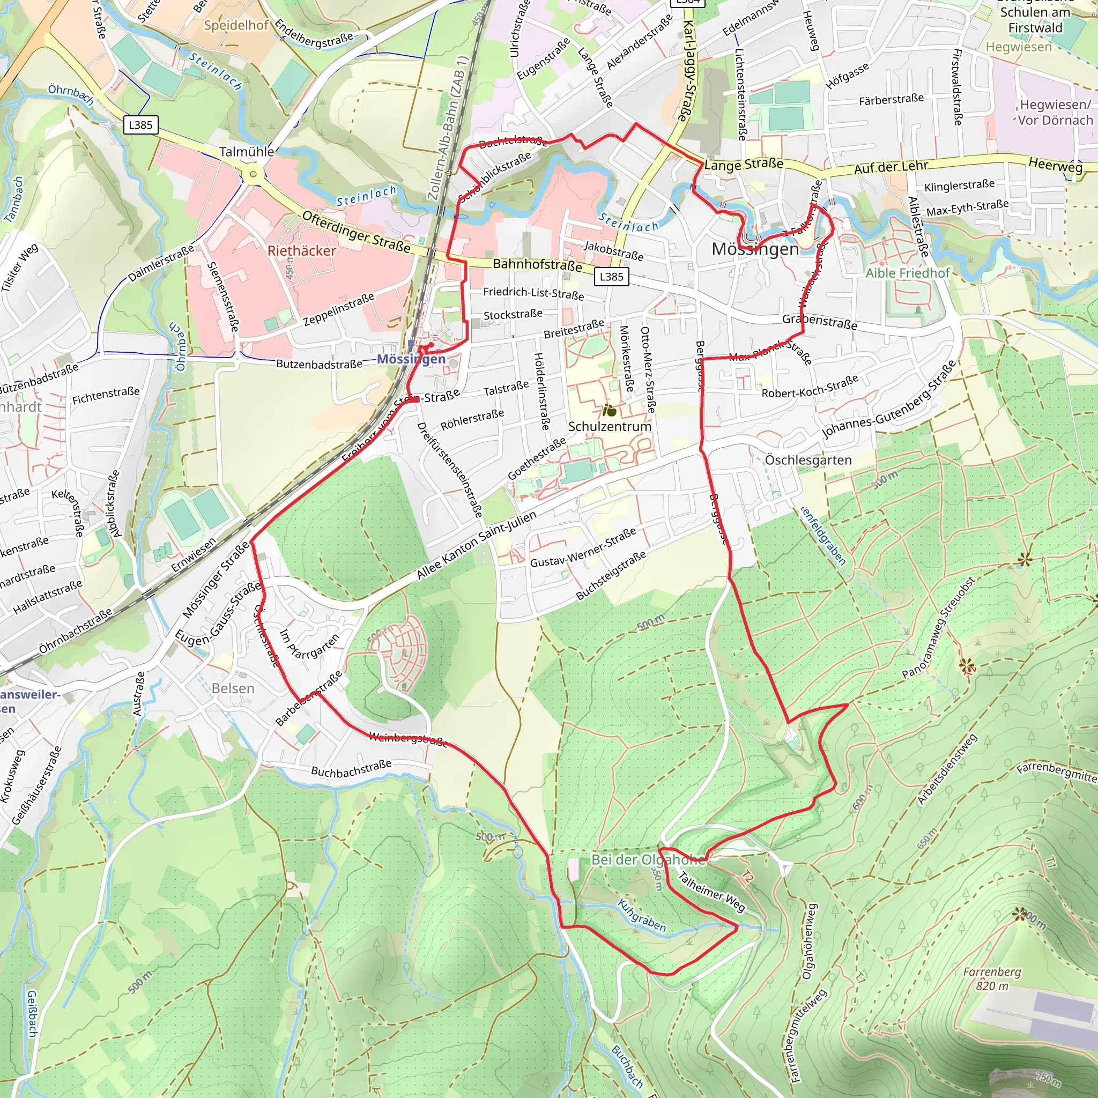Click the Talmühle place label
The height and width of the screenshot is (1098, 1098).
[x=247, y=152]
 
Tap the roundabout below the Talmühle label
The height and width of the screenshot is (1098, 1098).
[x=253, y=174]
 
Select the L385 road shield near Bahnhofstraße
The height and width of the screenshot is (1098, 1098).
[x=612, y=277]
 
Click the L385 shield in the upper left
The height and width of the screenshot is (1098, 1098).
[x=140, y=124]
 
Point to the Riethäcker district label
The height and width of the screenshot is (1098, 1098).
[x=302, y=250]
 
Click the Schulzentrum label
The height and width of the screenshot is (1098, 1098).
[x=609, y=426]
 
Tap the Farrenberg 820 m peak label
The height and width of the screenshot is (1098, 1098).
[x=992, y=978]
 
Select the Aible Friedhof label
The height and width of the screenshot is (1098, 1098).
[x=907, y=273]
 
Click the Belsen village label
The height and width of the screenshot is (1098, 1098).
[x=233, y=688]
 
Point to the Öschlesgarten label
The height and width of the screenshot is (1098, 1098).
[x=807, y=460]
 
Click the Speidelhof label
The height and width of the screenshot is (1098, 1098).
[x=236, y=25]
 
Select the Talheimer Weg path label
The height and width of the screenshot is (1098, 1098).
[x=711, y=892]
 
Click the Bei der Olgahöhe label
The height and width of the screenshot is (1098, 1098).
[x=648, y=859]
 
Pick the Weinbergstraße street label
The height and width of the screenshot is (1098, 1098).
[x=408, y=738]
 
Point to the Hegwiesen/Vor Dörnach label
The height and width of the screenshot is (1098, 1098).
[x=1055, y=112]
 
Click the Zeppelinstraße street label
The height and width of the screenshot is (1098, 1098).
[x=339, y=309]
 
